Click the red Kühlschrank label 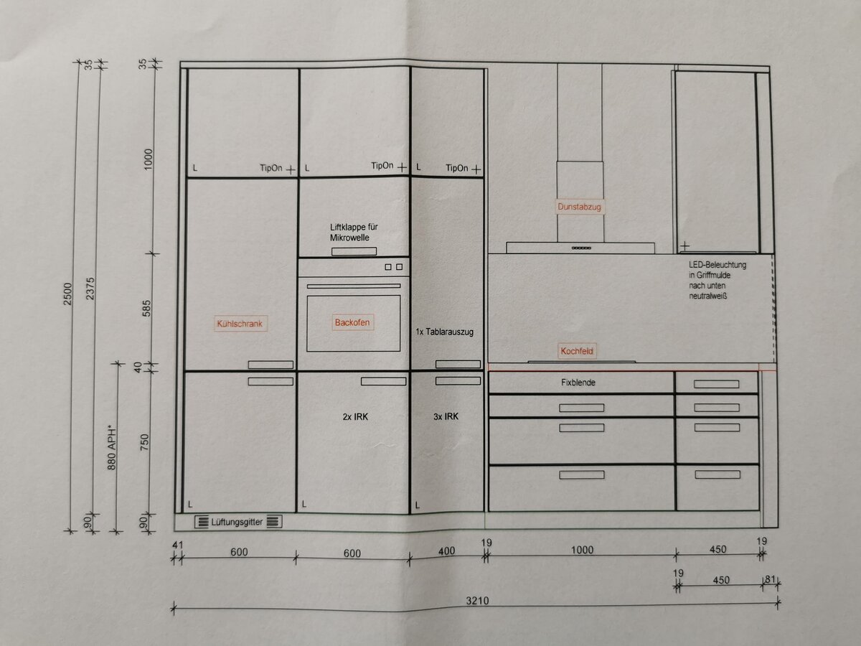coord(240,324)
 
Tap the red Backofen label coord(352,322)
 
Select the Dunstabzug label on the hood coord(579,207)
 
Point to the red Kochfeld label coord(577,351)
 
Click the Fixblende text coord(578,383)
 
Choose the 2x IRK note coord(355,416)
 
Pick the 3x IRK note coord(446,416)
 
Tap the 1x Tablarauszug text coord(444,332)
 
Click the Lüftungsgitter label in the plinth coord(237,522)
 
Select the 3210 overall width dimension coord(477,601)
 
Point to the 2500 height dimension coord(68,294)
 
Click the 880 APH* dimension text coord(112,447)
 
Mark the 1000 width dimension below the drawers coord(582,550)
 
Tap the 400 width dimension coord(446,551)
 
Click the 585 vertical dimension coord(146,309)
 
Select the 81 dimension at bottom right coord(771,579)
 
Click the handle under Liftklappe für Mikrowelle coord(354,251)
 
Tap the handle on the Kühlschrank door coord(270,365)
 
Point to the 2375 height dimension coord(90,289)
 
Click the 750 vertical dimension coord(145,442)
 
